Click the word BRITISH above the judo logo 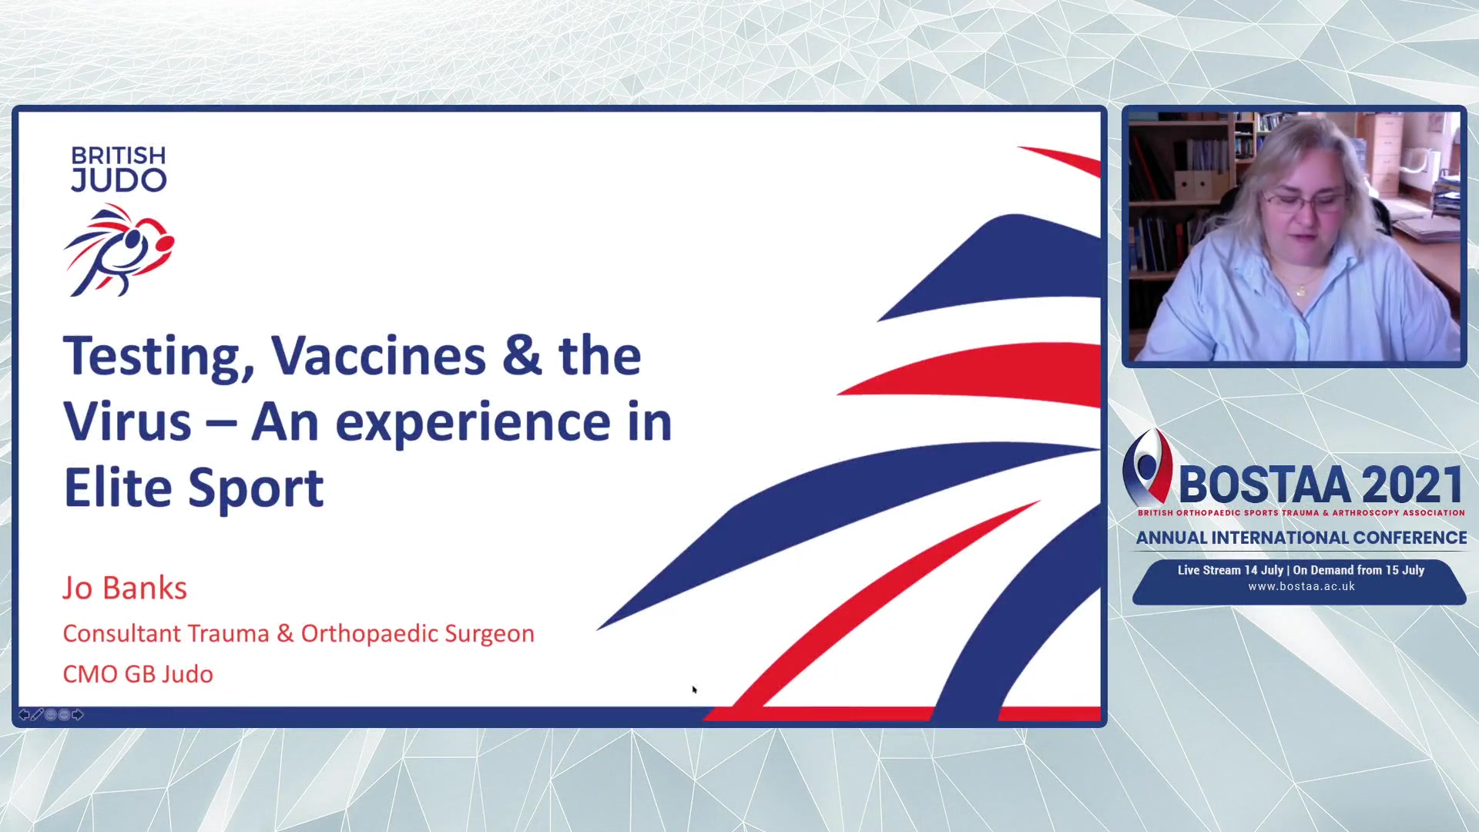tap(119, 156)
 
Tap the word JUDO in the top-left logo tap(119, 180)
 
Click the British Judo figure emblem tap(119, 250)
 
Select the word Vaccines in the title tap(378, 356)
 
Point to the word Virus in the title tap(127, 422)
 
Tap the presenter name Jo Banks tap(125, 589)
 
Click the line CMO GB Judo tap(138, 674)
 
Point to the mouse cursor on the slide tap(694, 689)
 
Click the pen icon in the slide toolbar tap(37, 715)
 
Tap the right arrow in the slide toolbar tap(77, 715)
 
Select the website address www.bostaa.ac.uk tap(1302, 586)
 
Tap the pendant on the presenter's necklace tap(1301, 291)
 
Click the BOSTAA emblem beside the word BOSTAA tap(1147, 467)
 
